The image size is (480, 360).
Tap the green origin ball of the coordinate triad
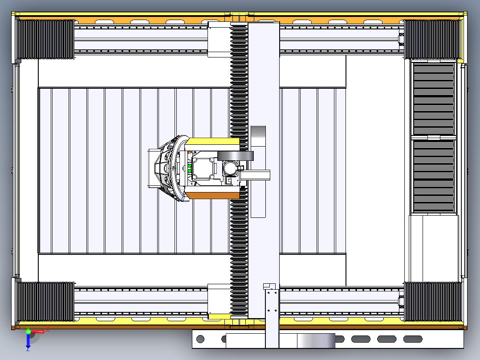coord(28,331)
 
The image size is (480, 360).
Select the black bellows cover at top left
coord(45,39)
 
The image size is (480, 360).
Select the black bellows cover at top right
coord(431,39)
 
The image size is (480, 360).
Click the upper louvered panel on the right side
coord(434,98)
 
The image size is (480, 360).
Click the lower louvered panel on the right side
coord(434,176)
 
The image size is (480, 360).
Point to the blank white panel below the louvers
coord(434,247)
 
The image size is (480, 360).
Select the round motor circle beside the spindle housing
coord(231,168)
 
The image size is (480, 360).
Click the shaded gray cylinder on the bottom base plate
coord(316,341)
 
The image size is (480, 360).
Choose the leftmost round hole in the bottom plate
coord(200,339)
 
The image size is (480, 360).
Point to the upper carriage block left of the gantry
coord(219,39)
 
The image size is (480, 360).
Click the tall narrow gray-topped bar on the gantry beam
coord(258,172)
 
